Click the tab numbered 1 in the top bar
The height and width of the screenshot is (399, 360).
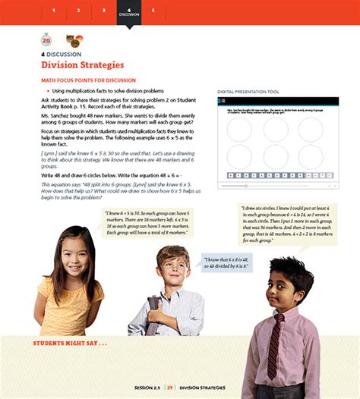coord(54,11)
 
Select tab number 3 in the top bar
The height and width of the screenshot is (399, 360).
coord(103,11)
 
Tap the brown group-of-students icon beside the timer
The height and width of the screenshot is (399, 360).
coord(74,41)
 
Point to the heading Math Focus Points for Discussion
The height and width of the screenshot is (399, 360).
coord(88,80)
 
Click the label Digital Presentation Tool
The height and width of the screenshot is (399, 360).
coord(248,92)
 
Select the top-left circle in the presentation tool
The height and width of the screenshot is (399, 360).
coord(239,130)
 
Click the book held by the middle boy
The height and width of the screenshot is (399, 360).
coord(155,310)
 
